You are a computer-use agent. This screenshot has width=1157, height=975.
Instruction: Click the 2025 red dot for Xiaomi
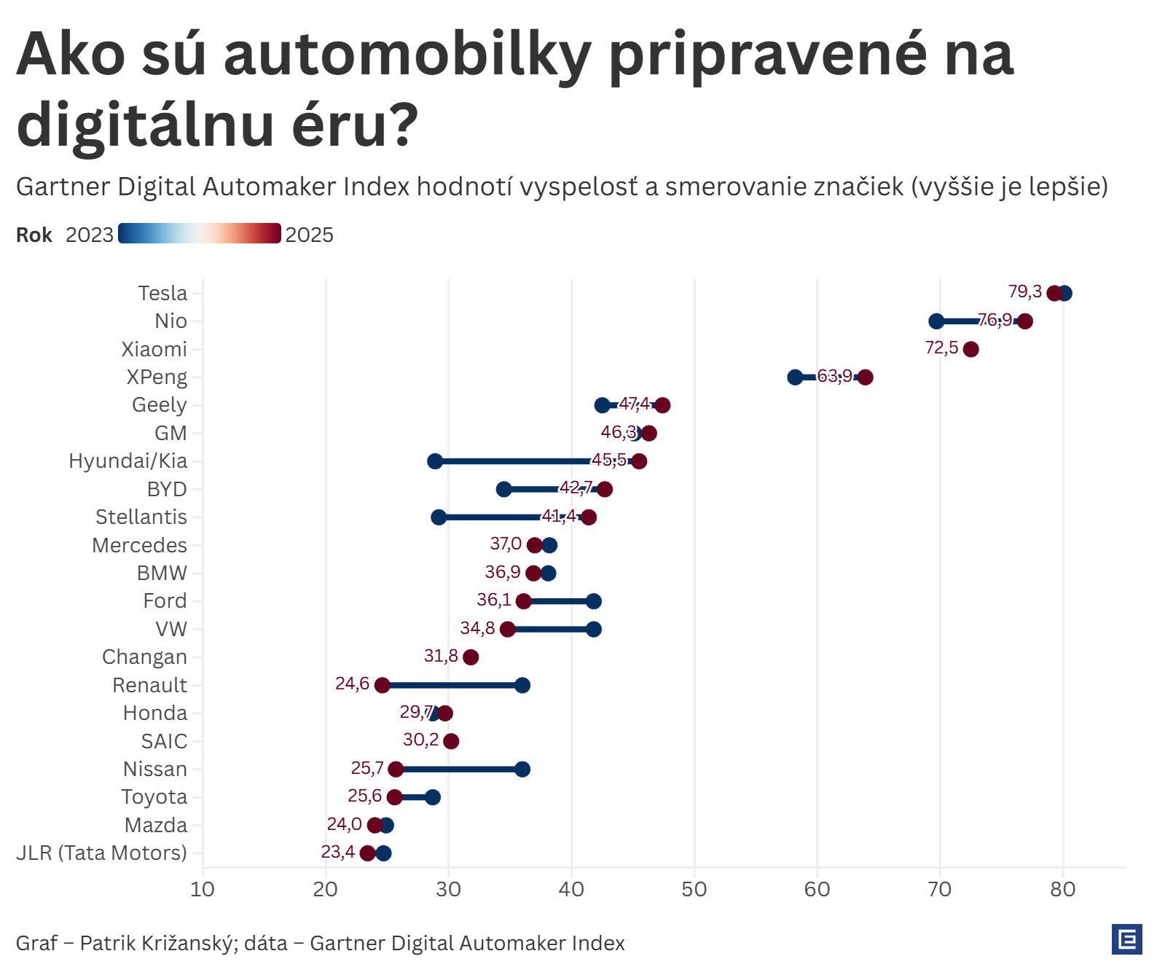click(970, 349)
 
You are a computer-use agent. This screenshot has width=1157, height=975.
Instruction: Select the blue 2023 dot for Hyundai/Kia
click(435, 461)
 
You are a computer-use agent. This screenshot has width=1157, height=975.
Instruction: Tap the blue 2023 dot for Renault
click(522, 685)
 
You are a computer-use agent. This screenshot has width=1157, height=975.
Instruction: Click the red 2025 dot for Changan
click(471, 657)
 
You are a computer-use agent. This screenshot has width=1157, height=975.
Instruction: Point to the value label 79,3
click(1024, 291)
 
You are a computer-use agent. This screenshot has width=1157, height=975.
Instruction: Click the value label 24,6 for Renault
click(352, 684)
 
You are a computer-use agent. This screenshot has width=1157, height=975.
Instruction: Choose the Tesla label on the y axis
click(162, 293)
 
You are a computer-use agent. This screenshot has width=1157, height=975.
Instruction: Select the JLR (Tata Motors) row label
click(101, 853)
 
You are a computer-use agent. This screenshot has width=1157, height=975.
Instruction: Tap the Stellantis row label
click(141, 517)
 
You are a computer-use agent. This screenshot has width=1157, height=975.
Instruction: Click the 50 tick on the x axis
click(694, 889)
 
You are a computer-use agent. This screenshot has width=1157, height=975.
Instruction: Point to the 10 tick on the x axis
click(203, 889)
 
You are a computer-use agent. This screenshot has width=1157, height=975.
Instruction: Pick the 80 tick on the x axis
click(1063, 889)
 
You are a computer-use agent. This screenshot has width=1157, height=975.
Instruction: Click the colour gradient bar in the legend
click(200, 233)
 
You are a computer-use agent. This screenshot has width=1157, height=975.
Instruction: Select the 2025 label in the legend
click(309, 235)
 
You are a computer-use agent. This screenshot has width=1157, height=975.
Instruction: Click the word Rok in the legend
click(34, 235)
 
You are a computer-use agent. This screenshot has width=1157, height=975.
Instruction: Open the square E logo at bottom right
click(1126, 939)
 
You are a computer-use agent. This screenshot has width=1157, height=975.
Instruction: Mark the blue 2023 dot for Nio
click(936, 321)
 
